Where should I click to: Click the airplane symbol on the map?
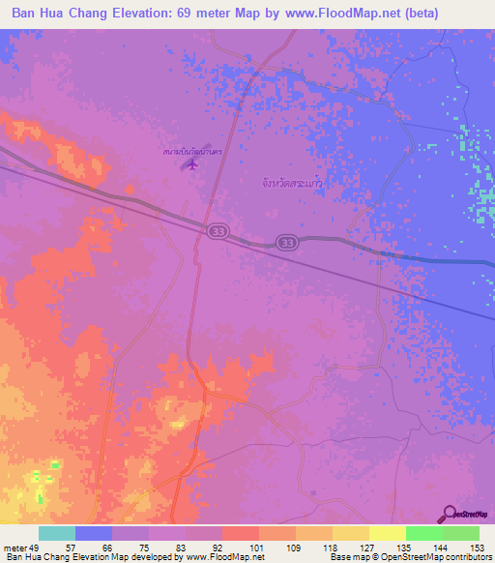coord(191,164)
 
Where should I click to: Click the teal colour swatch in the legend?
coord(57,533)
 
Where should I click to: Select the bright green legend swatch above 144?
coord(423,533)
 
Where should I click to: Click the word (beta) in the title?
coord(414,13)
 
